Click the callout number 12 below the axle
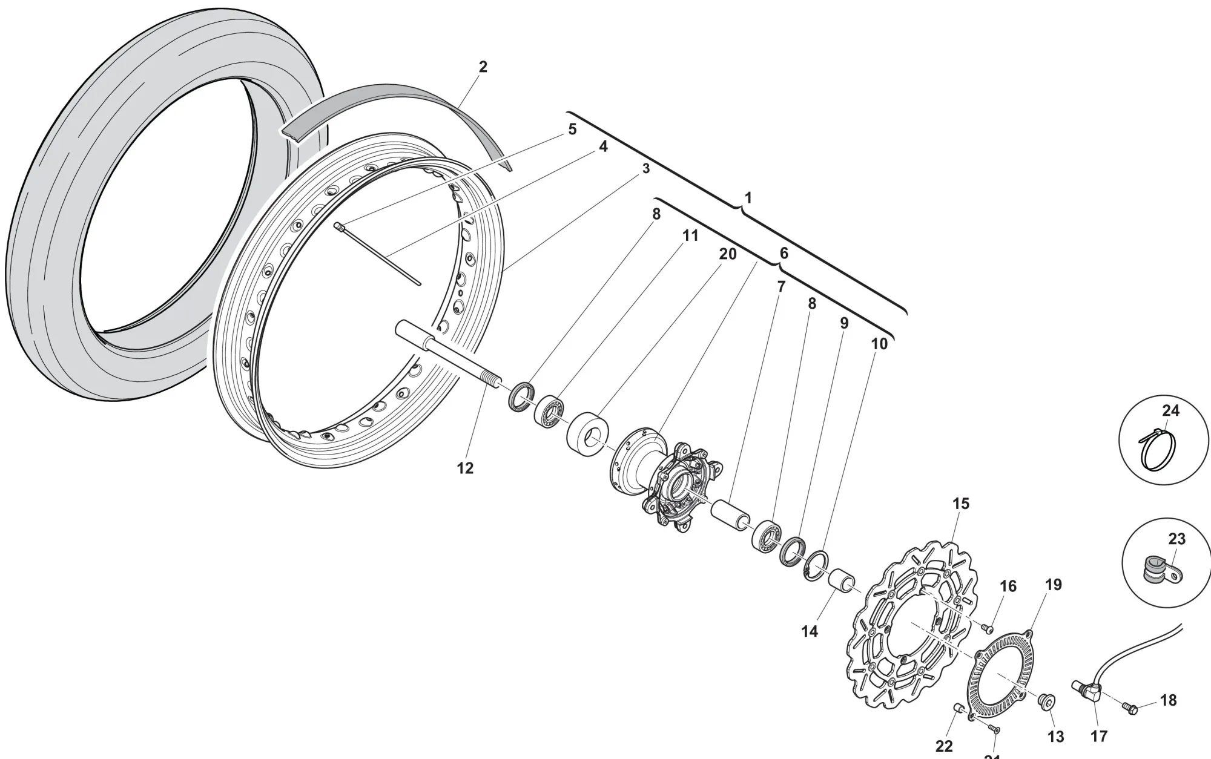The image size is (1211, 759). [x=465, y=468]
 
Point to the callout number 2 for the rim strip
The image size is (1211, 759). [x=483, y=67]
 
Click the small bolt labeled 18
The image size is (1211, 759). [x=1129, y=708]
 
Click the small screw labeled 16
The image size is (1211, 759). [x=988, y=628]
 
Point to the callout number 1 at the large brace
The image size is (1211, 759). [x=748, y=198]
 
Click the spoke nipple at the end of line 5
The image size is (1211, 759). [x=340, y=227]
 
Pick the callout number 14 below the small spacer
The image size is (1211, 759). [x=809, y=631]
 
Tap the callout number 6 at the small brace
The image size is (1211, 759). [x=784, y=253]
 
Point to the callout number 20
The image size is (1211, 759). [x=727, y=254]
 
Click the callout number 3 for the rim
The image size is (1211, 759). [x=646, y=169]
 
